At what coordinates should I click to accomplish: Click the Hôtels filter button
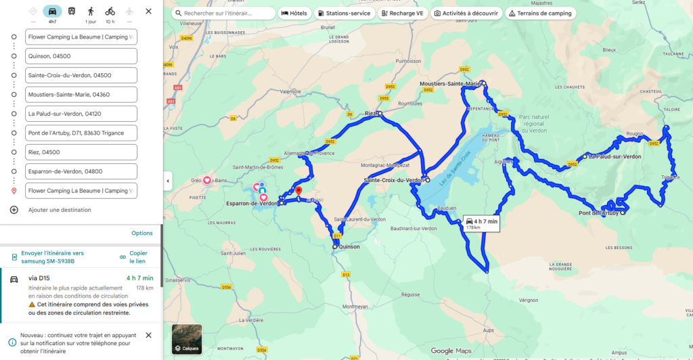tap(294, 13)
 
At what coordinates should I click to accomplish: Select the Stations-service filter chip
tap(344, 13)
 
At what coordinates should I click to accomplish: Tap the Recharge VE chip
tap(402, 13)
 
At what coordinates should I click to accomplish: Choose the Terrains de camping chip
tap(539, 13)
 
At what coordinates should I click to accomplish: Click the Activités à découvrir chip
tap(466, 13)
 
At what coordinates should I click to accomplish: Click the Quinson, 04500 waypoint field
tap(81, 56)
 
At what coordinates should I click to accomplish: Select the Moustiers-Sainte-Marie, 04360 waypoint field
tap(81, 95)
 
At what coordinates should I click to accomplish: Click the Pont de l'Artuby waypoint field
tap(81, 133)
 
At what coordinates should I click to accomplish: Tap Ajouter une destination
tap(60, 210)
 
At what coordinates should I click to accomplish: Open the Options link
tap(141, 233)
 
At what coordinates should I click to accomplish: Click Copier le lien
tap(138, 257)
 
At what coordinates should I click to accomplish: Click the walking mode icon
tap(91, 12)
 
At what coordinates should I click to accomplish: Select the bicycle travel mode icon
tap(110, 12)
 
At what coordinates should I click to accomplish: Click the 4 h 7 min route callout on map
tap(481, 223)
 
